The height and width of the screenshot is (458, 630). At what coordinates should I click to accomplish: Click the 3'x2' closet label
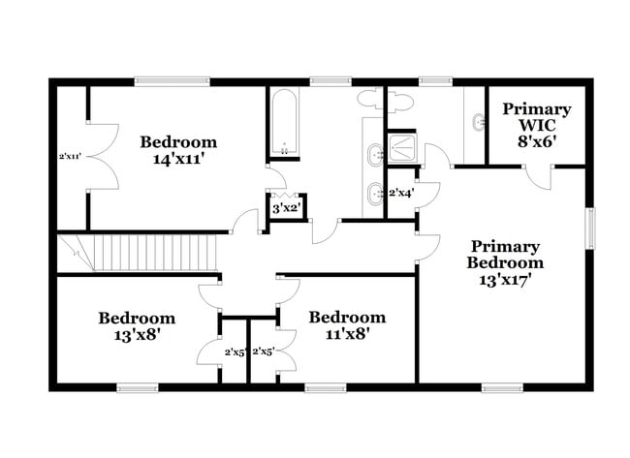coord(286,208)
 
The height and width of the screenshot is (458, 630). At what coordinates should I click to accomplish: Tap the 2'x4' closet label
coord(401,193)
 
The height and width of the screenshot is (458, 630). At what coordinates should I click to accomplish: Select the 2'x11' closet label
coord(69,156)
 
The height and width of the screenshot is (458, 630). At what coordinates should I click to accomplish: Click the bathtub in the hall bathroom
coord(284,123)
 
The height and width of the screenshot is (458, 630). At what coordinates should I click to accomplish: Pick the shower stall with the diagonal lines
coord(402,148)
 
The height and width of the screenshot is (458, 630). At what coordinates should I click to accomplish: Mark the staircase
coord(136,253)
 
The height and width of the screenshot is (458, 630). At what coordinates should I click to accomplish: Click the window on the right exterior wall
coord(588,229)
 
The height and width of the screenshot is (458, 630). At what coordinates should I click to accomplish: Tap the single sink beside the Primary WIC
coord(476,123)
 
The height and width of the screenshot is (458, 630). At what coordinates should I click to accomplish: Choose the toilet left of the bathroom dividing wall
coord(371,99)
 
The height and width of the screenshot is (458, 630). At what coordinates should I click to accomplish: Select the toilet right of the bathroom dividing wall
coord(402,100)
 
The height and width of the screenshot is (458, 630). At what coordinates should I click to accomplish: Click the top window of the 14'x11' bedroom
coord(171,82)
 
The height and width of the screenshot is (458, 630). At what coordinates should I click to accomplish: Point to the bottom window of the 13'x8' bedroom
coord(137,387)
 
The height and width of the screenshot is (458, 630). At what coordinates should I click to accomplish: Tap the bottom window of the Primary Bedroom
coord(503,387)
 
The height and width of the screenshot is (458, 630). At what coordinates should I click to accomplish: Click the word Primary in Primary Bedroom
coord(505,246)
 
